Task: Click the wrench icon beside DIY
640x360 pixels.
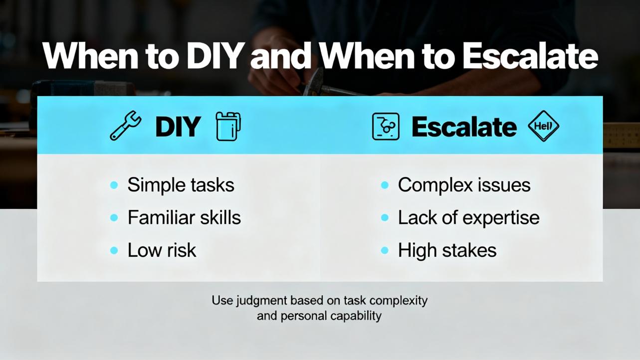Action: tap(125, 126)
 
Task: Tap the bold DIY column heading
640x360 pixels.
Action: tap(178, 127)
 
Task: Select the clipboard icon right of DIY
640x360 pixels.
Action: tap(228, 127)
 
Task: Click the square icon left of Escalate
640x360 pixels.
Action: tap(386, 127)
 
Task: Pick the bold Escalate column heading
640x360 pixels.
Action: tap(464, 127)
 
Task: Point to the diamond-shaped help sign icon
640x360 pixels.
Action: tap(543, 126)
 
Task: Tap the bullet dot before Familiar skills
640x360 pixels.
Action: tap(114, 218)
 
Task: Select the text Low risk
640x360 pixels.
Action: tap(162, 250)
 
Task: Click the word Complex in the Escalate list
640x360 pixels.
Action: tap(435, 185)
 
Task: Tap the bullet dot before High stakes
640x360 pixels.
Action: tap(385, 250)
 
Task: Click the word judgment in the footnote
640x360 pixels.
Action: tap(261, 301)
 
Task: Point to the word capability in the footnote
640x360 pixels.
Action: tap(356, 316)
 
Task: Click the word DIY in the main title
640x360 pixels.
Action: tap(214, 56)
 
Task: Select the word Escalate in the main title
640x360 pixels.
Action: tap(530, 56)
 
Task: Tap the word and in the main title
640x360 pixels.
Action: tap(280, 56)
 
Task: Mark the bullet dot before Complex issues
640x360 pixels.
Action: tap(385, 185)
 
